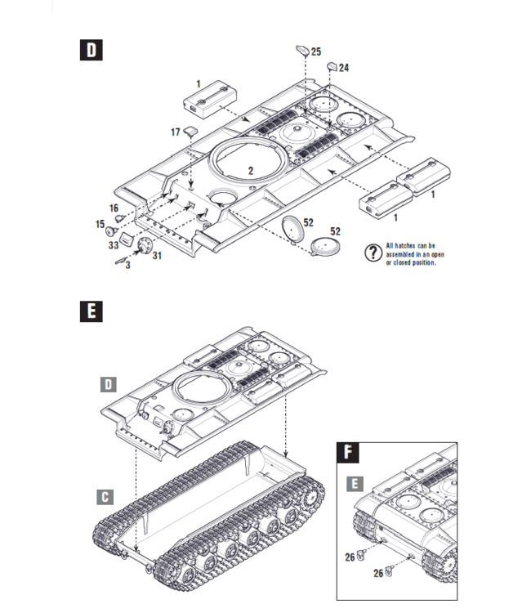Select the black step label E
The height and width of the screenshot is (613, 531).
[91, 311]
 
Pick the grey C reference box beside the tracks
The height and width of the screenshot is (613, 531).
[105, 496]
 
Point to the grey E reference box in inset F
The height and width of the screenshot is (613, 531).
[353, 483]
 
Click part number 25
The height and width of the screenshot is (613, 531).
[316, 51]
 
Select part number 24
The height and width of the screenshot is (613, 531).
[343, 68]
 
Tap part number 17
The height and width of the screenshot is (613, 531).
[176, 132]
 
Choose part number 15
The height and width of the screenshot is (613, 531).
[100, 224]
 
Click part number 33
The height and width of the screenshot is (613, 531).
[113, 244]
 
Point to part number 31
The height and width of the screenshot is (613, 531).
[156, 256]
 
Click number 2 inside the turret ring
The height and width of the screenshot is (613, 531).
[252, 170]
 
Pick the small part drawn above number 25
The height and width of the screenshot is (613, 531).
[301, 50]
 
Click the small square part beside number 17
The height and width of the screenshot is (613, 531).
[190, 130]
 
